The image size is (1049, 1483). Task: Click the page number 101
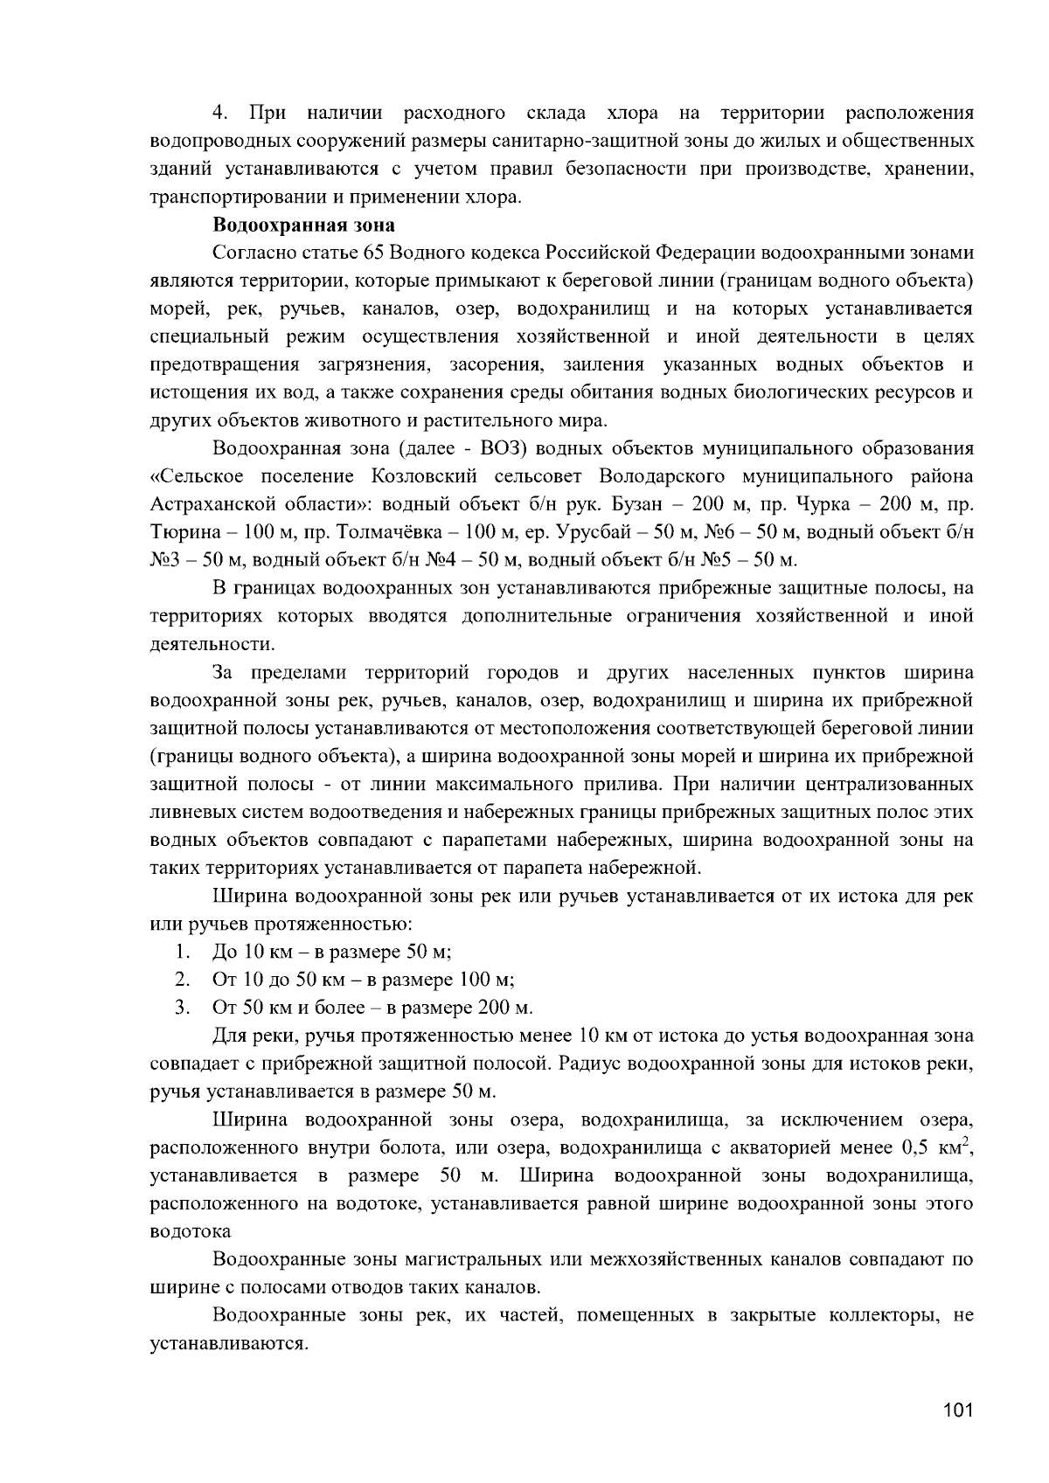958,1410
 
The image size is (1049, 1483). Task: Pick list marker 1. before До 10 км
181,952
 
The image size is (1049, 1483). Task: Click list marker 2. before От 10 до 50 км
181,980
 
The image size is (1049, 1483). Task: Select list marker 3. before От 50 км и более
181,1008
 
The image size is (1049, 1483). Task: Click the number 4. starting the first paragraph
219,114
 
